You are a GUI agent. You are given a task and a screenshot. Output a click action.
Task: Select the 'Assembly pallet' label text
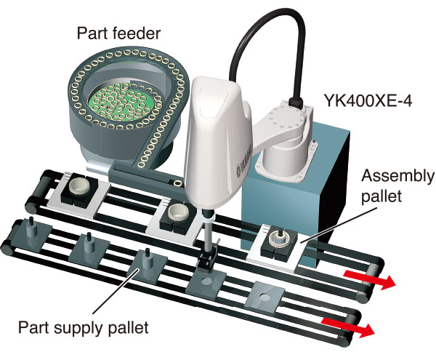[397, 184]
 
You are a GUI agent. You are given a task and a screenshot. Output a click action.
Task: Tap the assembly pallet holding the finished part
[277, 245]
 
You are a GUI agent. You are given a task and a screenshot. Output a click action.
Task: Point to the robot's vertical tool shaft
[208, 233]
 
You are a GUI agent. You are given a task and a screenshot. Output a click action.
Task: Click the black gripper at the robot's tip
[208, 259]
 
